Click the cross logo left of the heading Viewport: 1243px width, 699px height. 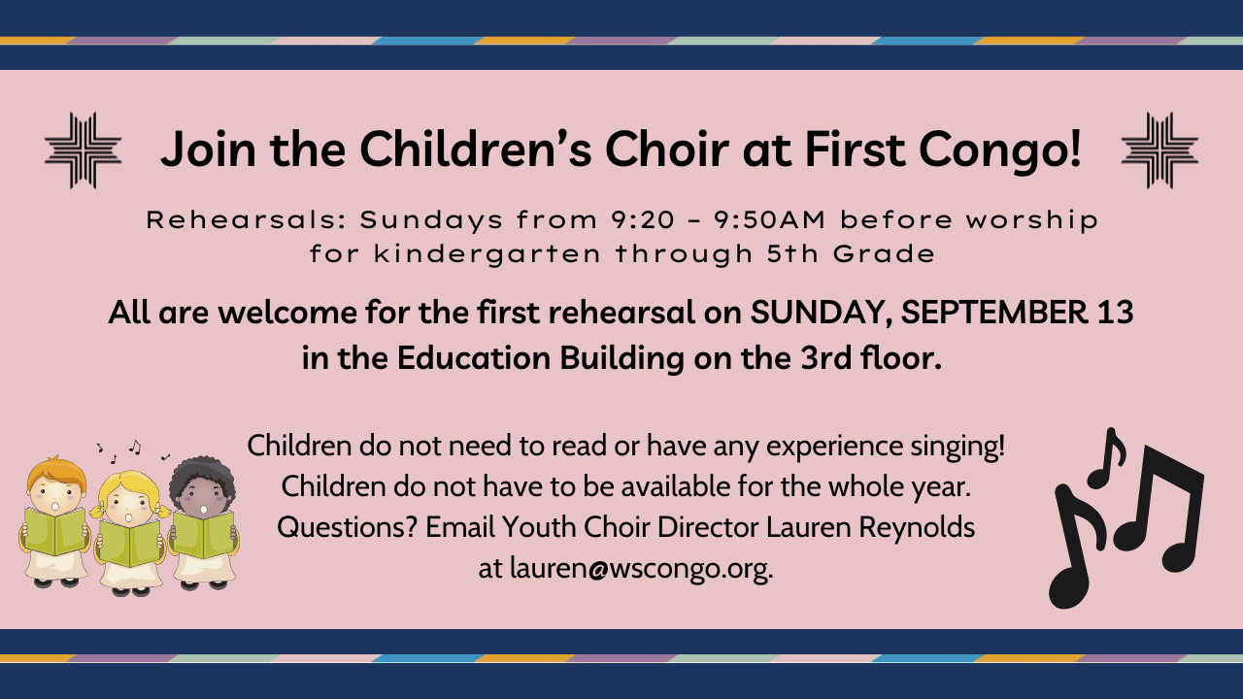(x=84, y=150)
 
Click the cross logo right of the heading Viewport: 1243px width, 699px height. (x=1159, y=150)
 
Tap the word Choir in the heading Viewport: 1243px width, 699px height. (x=667, y=149)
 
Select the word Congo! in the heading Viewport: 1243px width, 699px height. (x=1000, y=150)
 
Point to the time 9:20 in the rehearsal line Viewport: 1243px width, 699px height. (x=643, y=220)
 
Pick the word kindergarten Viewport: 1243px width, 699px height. (x=487, y=255)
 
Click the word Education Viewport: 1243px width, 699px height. (x=473, y=358)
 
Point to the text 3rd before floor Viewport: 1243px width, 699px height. (x=825, y=358)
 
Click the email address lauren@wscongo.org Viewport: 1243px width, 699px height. (x=641, y=569)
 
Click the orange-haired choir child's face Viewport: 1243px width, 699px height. (x=56, y=497)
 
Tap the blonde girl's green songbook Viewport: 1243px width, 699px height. (x=130, y=544)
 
